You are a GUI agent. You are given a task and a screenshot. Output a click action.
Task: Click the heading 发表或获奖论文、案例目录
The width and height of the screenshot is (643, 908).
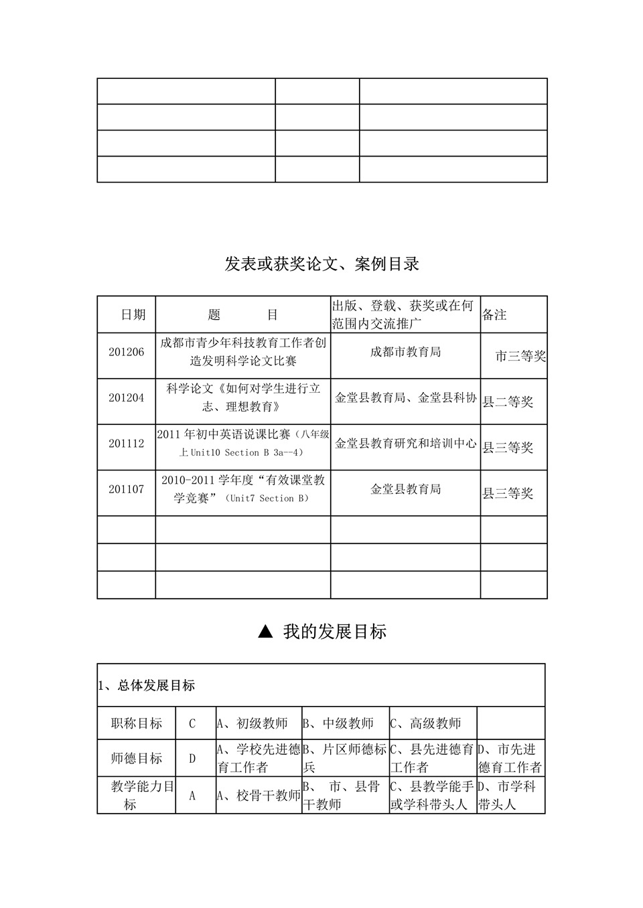[x=321, y=264]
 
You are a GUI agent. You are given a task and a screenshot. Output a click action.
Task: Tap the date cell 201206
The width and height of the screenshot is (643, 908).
[x=127, y=352]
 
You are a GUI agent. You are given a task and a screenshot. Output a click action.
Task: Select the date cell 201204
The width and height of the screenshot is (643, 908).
[x=127, y=397]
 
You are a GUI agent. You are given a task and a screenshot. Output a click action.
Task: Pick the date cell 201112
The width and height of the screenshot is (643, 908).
[x=127, y=444]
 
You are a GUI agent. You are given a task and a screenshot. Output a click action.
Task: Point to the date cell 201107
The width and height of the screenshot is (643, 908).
[x=127, y=489]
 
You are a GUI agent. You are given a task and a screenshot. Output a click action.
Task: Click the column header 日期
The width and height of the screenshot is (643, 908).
[x=133, y=314]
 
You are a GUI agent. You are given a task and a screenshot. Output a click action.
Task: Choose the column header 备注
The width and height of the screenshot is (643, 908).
[x=495, y=314]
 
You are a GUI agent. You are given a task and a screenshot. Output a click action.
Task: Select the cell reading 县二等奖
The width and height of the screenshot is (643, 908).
[x=508, y=402]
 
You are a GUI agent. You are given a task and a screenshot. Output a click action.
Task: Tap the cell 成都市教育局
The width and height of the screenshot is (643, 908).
[x=405, y=352]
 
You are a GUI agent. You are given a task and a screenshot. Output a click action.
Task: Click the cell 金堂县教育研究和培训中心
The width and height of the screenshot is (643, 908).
[x=405, y=444]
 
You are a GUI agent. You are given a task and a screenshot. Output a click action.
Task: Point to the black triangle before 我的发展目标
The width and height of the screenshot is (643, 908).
[x=265, y=632]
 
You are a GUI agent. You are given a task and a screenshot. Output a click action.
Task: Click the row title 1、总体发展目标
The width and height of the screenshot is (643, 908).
[x=147, y=686]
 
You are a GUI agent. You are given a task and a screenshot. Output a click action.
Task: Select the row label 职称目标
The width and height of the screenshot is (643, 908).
[x=137, y=723]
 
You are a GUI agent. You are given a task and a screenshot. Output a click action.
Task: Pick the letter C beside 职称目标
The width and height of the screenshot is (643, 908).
[x=192, y=724]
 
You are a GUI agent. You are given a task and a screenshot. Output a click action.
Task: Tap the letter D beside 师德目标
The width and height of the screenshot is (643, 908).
[x=192, y=759]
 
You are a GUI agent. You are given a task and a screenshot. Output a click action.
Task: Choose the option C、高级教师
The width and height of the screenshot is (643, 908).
[x=426, y=723]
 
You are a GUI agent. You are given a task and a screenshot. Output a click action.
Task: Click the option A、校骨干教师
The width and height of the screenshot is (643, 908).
[x=259, y=796]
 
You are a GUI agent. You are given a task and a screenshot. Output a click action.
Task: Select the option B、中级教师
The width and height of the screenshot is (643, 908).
[x=339, y=723]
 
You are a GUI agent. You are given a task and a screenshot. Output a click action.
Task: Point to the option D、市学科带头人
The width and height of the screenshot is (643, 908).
[x=506, y=796]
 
